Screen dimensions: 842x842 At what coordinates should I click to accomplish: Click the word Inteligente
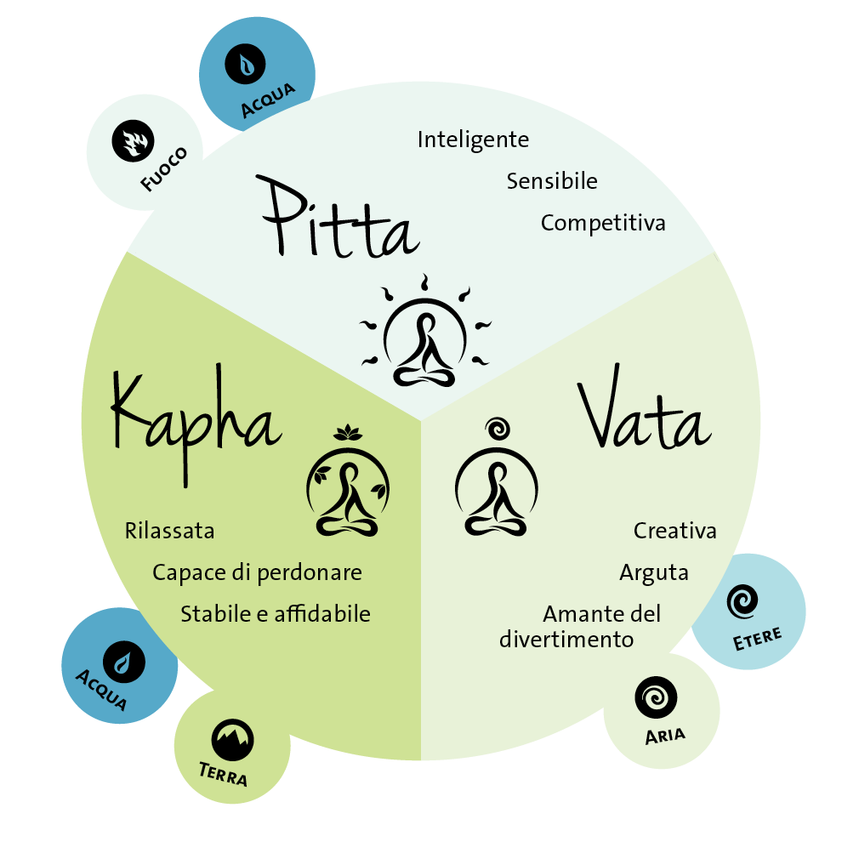(473, 139)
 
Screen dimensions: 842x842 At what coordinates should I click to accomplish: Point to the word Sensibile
(552, 181)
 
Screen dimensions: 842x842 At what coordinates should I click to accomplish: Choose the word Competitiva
(603, 224)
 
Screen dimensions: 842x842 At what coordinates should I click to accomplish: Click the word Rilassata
(169, 532)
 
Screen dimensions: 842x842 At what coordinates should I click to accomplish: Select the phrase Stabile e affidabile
(276, 614)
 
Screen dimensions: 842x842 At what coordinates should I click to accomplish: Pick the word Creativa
(675, 532)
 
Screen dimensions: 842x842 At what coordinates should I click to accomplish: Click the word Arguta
(654, 572)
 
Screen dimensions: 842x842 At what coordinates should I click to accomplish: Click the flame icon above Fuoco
(132, 141)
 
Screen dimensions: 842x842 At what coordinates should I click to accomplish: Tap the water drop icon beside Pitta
(246, 65)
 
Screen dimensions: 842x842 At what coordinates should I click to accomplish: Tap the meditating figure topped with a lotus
(347, 485)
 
